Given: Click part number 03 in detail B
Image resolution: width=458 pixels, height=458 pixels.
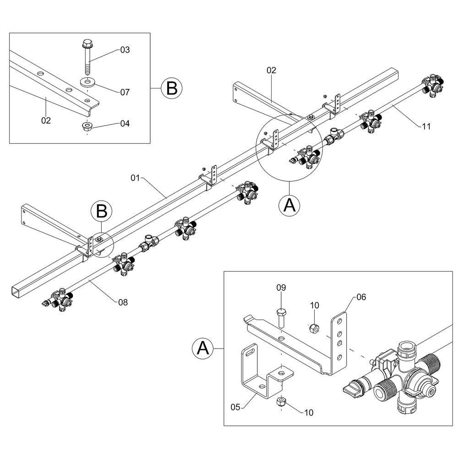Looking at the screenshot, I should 125,50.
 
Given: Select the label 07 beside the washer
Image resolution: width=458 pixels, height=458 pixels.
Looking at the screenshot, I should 125,92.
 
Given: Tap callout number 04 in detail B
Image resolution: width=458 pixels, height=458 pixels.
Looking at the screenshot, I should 125,124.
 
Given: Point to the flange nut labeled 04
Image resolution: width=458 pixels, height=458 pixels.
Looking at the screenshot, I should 87,126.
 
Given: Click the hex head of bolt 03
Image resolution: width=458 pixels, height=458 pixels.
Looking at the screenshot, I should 87,44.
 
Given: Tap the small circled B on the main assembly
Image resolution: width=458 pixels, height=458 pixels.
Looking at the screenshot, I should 102,212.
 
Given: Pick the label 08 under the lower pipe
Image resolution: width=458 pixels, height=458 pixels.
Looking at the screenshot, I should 122,302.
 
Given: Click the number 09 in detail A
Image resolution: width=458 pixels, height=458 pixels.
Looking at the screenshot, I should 281,288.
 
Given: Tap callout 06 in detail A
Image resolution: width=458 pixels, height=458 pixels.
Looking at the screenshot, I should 361,297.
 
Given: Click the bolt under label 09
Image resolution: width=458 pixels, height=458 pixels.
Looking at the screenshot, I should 281,317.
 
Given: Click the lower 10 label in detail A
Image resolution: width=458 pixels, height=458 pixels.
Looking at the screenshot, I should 309,412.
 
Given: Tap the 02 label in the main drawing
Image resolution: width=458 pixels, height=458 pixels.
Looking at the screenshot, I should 271,71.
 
